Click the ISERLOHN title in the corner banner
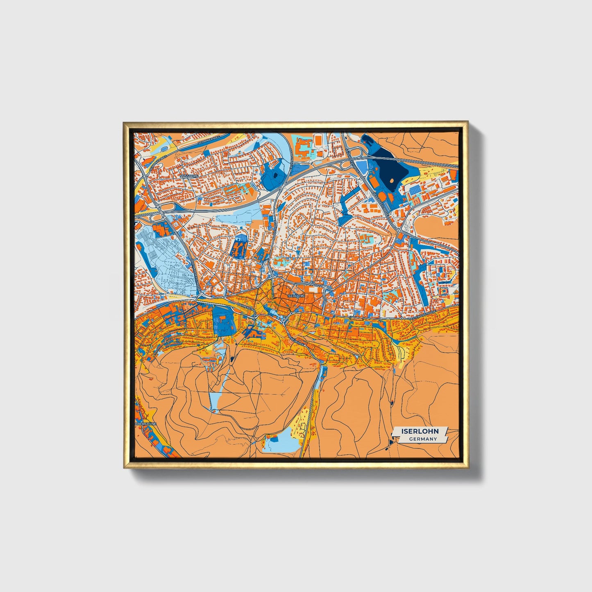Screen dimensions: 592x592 click(420, 431)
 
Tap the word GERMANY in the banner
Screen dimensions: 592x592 click(423, 439)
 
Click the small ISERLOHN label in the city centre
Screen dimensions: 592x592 click(296, 295)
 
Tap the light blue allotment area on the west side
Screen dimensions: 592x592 click(164, 262)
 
